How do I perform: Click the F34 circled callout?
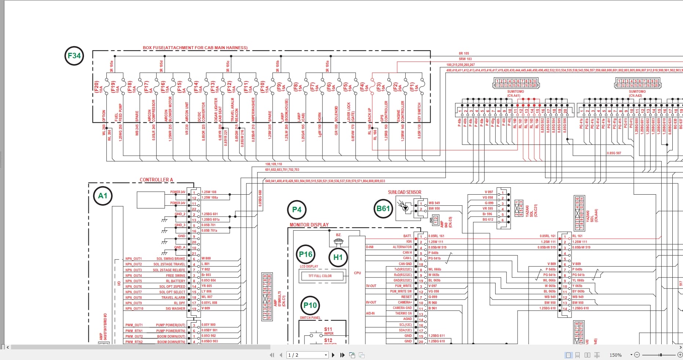(74, 56)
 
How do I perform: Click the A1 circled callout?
(102, 196)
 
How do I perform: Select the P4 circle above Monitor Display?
(296, 210)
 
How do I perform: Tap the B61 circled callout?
(383, 209)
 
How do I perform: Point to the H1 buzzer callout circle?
(337, 257)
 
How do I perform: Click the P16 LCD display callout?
(306, 254)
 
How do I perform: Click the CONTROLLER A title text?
(156, 180)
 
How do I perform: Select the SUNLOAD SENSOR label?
(404, 192)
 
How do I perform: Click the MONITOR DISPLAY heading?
(309, 225)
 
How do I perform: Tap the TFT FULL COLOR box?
(320, 276)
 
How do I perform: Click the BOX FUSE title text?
(195, 48)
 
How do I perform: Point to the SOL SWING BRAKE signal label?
(171, 259)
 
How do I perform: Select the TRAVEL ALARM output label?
(173, 298)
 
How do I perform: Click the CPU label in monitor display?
(357, 273)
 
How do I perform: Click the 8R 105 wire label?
(464, 54)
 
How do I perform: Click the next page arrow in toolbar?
(333, 355)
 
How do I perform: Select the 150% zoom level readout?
(615, 355)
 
